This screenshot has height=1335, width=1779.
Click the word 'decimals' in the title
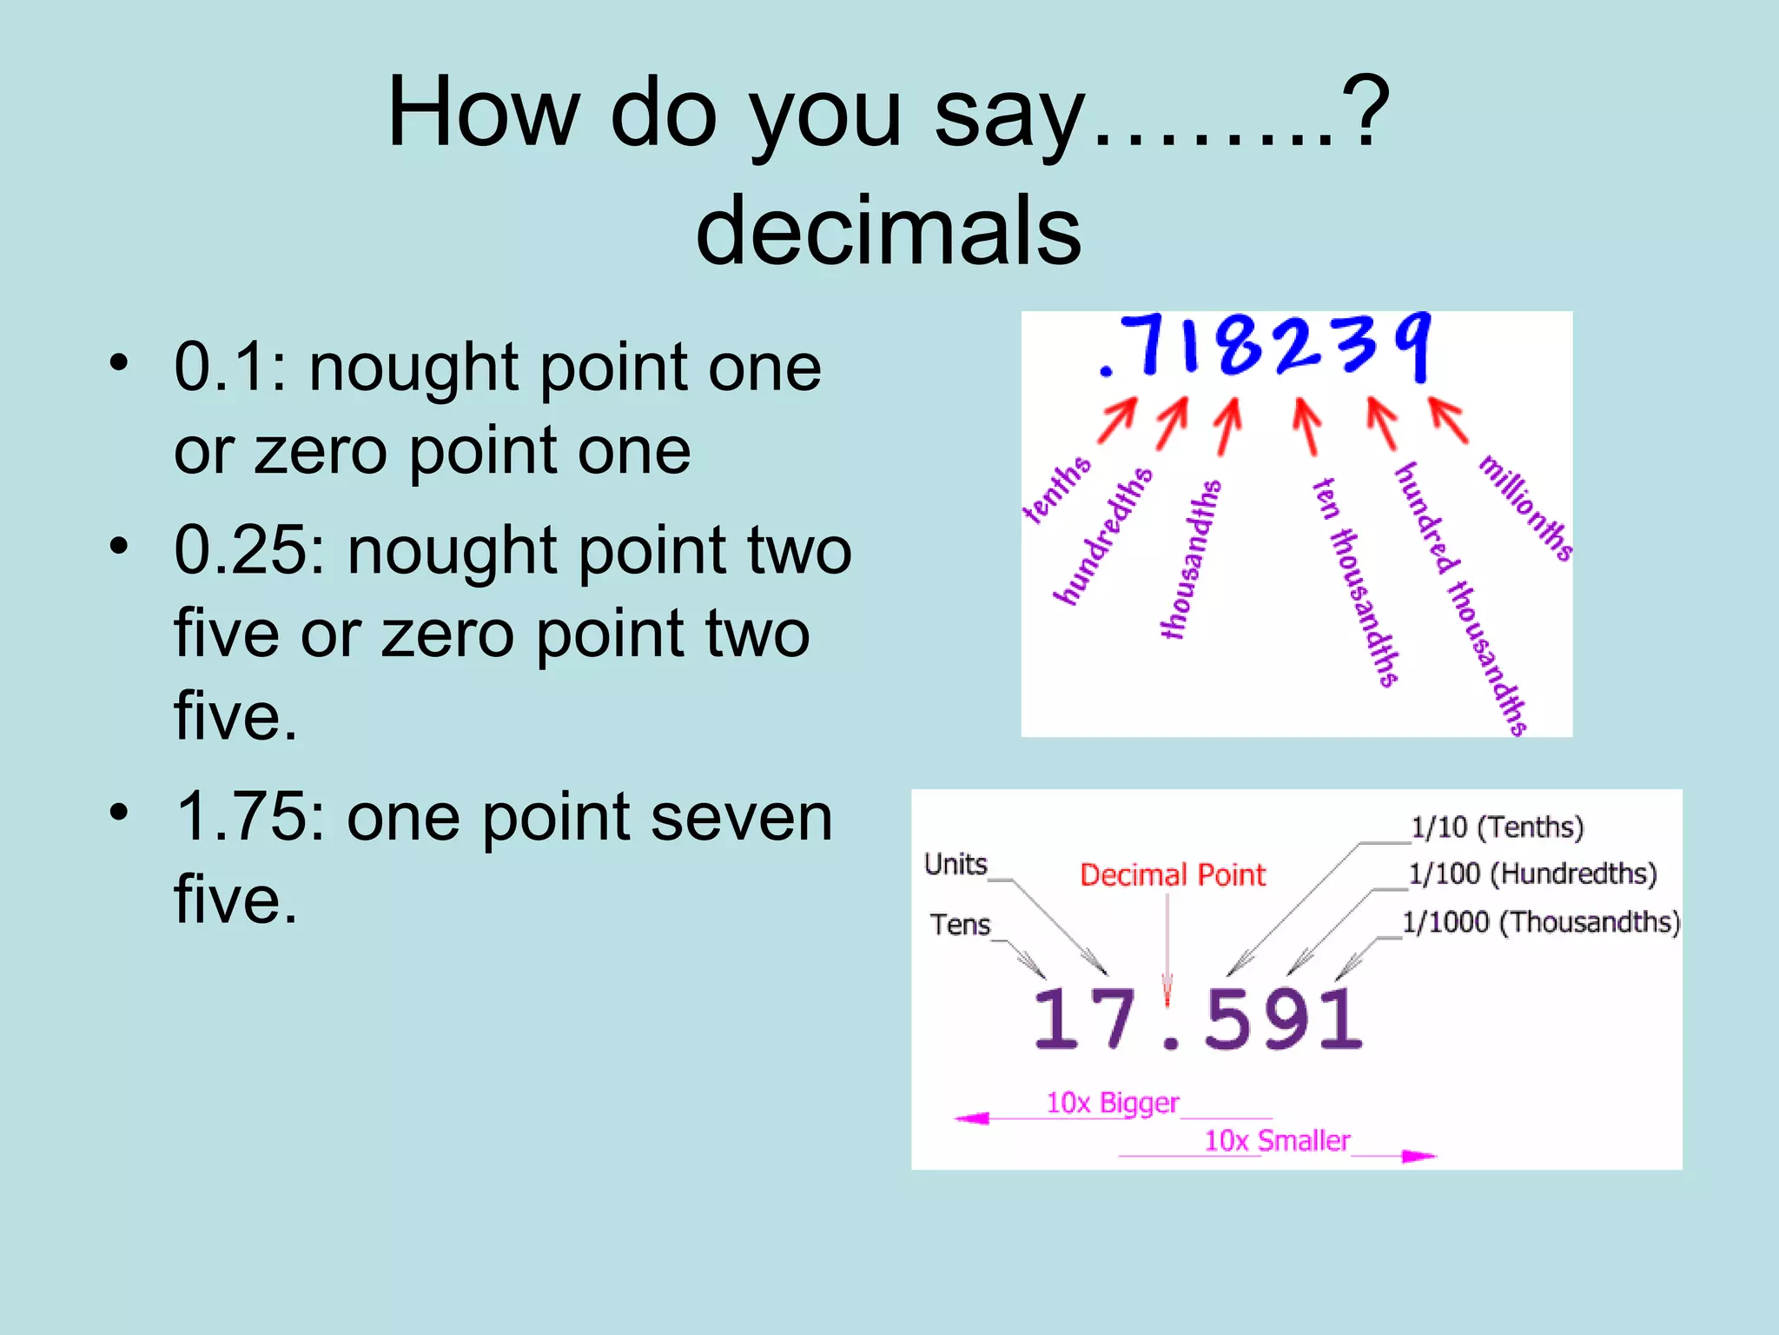coord(889,230)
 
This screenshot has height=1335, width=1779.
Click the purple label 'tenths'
coord(1056,490)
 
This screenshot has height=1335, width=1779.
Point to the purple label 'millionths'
coord(1526,508)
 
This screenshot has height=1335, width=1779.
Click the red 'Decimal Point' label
coord(1172,875)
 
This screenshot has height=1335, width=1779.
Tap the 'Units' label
coord(956,864)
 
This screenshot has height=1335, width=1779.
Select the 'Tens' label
coord(960,924)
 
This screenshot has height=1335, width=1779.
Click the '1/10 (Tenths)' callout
coord(1497,827)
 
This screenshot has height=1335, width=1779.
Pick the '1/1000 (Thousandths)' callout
coord(1541,921)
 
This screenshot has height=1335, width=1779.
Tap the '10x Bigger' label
coord(1112,1103)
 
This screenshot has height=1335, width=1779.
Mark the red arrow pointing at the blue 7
coord(1118,421)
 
